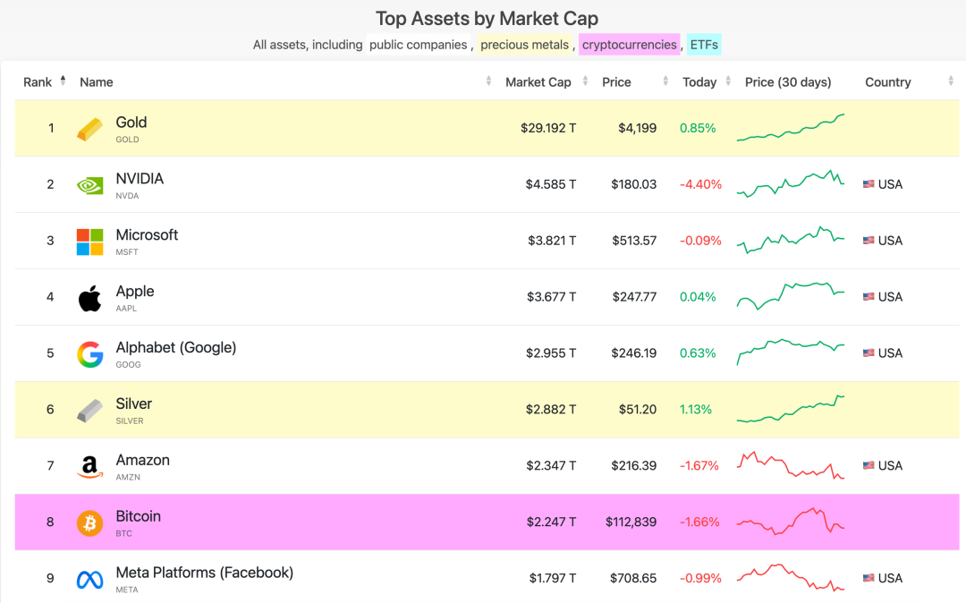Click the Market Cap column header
tap(538, 82)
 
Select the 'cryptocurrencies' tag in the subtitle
tap(629, 45)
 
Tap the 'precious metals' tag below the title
tap(524, 45)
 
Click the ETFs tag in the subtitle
tap(704, 45)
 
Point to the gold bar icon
tap(89, 129)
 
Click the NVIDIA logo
tap(89, 185)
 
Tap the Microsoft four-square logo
tap(89, 242)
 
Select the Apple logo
tap(89, 298)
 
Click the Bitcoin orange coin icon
tap(89, 522)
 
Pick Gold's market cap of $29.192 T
tap(548, 128)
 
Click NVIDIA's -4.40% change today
tap(700, 184)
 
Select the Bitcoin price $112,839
tap(631, 522)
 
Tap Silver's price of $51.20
tap(637, 409)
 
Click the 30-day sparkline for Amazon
tap(791, 465)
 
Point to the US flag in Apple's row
tap(869, 297)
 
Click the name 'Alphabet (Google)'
tap(176, 347)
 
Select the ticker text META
tap(127, 590)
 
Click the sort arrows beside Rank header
tap(63, 81)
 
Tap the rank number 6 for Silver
tap(50, 409)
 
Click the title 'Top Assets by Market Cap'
tap(487, 18)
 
